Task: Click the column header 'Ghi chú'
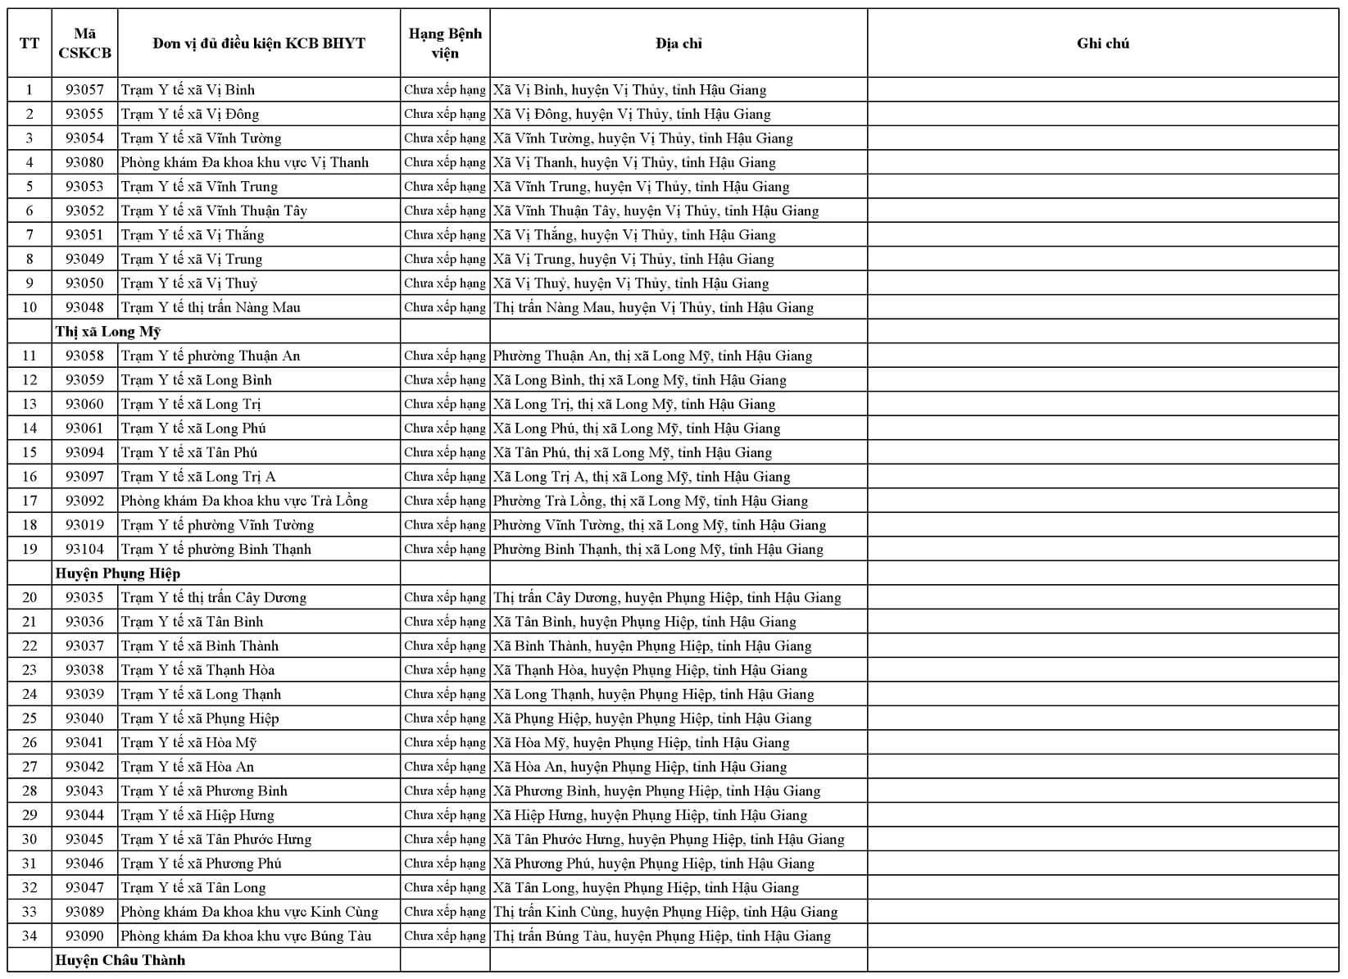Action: pos(1102,43)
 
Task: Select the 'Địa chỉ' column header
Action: pos(679,43)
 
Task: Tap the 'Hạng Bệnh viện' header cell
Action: pos(445,43)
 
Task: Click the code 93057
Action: pos(84,90)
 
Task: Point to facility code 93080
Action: pos(84,162)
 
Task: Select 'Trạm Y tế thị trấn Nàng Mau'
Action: pos(211,307)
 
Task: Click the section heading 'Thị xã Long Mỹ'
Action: pos(108,332)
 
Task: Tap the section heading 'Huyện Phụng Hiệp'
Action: pos(118,573)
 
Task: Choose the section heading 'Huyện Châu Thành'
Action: pos(120,960)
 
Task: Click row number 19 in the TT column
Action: pos(30,549)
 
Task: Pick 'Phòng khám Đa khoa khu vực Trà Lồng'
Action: pos(244,501)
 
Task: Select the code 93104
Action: pos(84,549)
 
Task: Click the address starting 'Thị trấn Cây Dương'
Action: pos(667,597)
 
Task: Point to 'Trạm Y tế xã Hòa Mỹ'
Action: pos(189,742)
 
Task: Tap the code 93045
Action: pos(84,839)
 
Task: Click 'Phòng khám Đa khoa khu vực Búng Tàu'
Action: pos(246,936)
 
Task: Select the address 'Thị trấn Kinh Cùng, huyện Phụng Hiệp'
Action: pos(665,912)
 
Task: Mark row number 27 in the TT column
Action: pos(30,767)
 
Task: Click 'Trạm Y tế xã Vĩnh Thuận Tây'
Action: pos(214,211)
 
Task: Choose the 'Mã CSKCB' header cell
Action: pos(84,43)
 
